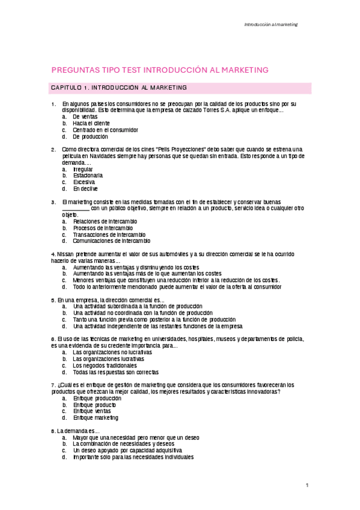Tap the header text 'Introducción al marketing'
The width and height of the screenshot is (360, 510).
point(270,25)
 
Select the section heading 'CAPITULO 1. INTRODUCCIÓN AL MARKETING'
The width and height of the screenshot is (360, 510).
point(118,88)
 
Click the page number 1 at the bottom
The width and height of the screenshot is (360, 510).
point(307,485)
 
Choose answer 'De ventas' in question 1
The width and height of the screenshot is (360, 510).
point(85,117)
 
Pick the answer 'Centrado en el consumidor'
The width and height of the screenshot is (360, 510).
point(105,130)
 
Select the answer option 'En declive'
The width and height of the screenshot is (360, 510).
point(85,189)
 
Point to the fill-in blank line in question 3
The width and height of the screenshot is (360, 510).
point(76,209)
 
